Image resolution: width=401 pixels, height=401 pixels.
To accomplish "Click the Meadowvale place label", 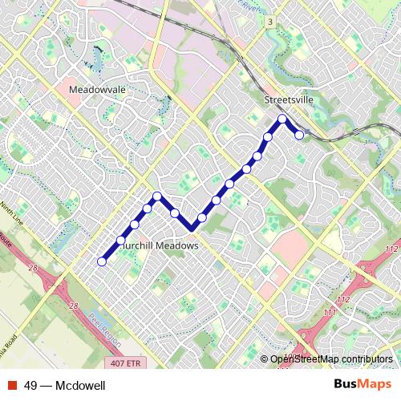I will tap(98, 91).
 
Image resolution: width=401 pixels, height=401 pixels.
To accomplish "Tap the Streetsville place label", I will tap(288, 100).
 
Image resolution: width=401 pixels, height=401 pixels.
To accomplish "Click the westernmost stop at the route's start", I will tap(102, 261).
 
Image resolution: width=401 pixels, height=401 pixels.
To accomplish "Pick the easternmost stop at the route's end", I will tap(299, 135).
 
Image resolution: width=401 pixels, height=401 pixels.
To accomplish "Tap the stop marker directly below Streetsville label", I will tap(282, 119).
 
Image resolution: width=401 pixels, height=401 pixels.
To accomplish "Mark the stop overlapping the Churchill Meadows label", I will tap(120, 240).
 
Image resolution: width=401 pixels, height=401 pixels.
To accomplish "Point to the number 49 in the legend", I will tap(31, 386).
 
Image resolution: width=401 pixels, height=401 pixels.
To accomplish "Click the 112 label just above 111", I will tap(342, 299).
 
